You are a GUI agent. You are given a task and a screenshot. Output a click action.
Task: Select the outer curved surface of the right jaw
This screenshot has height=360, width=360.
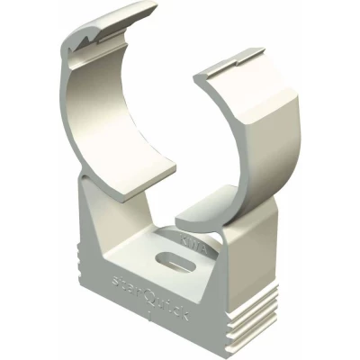tap(270, 153)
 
